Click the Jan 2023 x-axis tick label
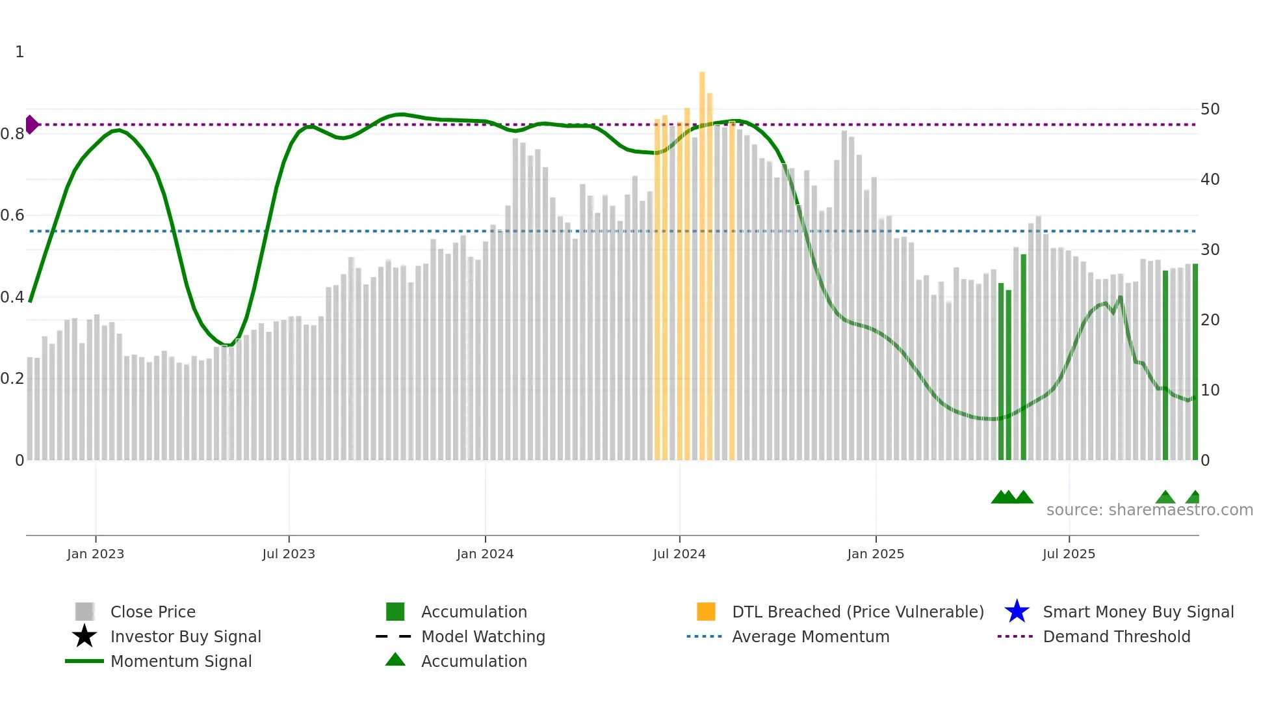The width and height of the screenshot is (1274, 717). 95,554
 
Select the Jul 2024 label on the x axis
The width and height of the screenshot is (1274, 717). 679,554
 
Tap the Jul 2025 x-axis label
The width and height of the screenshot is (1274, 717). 1069,554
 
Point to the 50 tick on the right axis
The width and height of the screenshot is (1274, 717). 1210,109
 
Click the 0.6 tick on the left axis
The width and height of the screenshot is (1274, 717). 12,215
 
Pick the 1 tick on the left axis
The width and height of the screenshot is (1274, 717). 19,52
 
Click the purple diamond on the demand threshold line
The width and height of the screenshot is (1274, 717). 31,124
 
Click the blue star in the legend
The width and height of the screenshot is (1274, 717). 1017,612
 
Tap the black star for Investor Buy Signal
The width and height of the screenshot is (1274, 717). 84,636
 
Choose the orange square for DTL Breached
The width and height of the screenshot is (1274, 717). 706,612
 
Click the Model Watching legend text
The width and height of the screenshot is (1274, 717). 483,636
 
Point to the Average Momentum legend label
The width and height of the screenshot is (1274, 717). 811,636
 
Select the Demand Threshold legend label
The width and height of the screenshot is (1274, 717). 1116,636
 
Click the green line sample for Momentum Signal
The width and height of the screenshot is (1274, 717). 84,661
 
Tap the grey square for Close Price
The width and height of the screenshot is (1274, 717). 84,612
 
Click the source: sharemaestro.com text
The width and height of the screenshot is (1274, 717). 1149,510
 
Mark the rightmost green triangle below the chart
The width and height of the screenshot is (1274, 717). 1193,498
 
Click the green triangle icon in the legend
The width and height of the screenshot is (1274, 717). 395,660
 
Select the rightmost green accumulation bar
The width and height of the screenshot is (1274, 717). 1195,364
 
